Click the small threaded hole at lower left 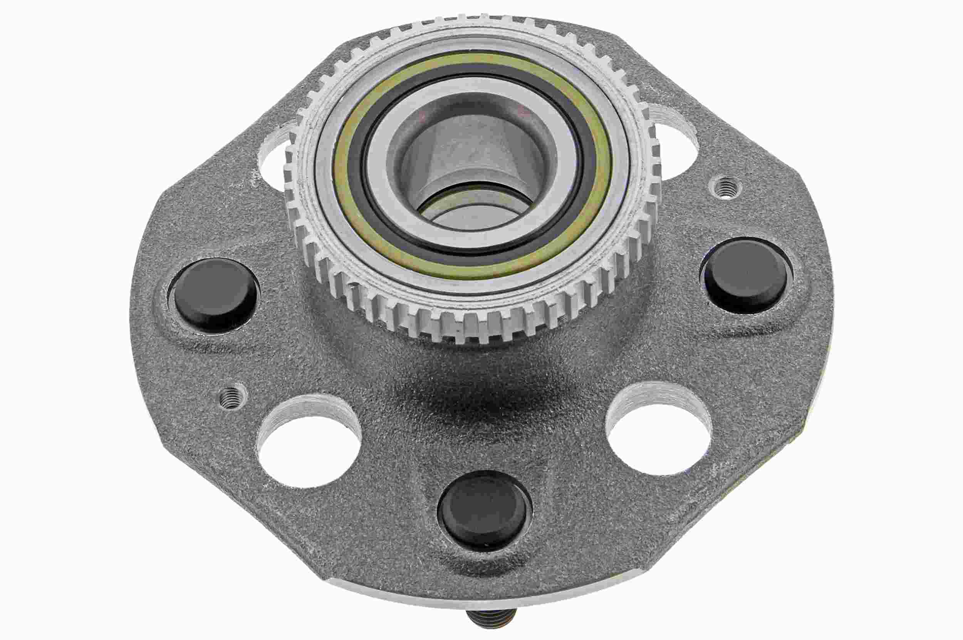click(232, 395)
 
